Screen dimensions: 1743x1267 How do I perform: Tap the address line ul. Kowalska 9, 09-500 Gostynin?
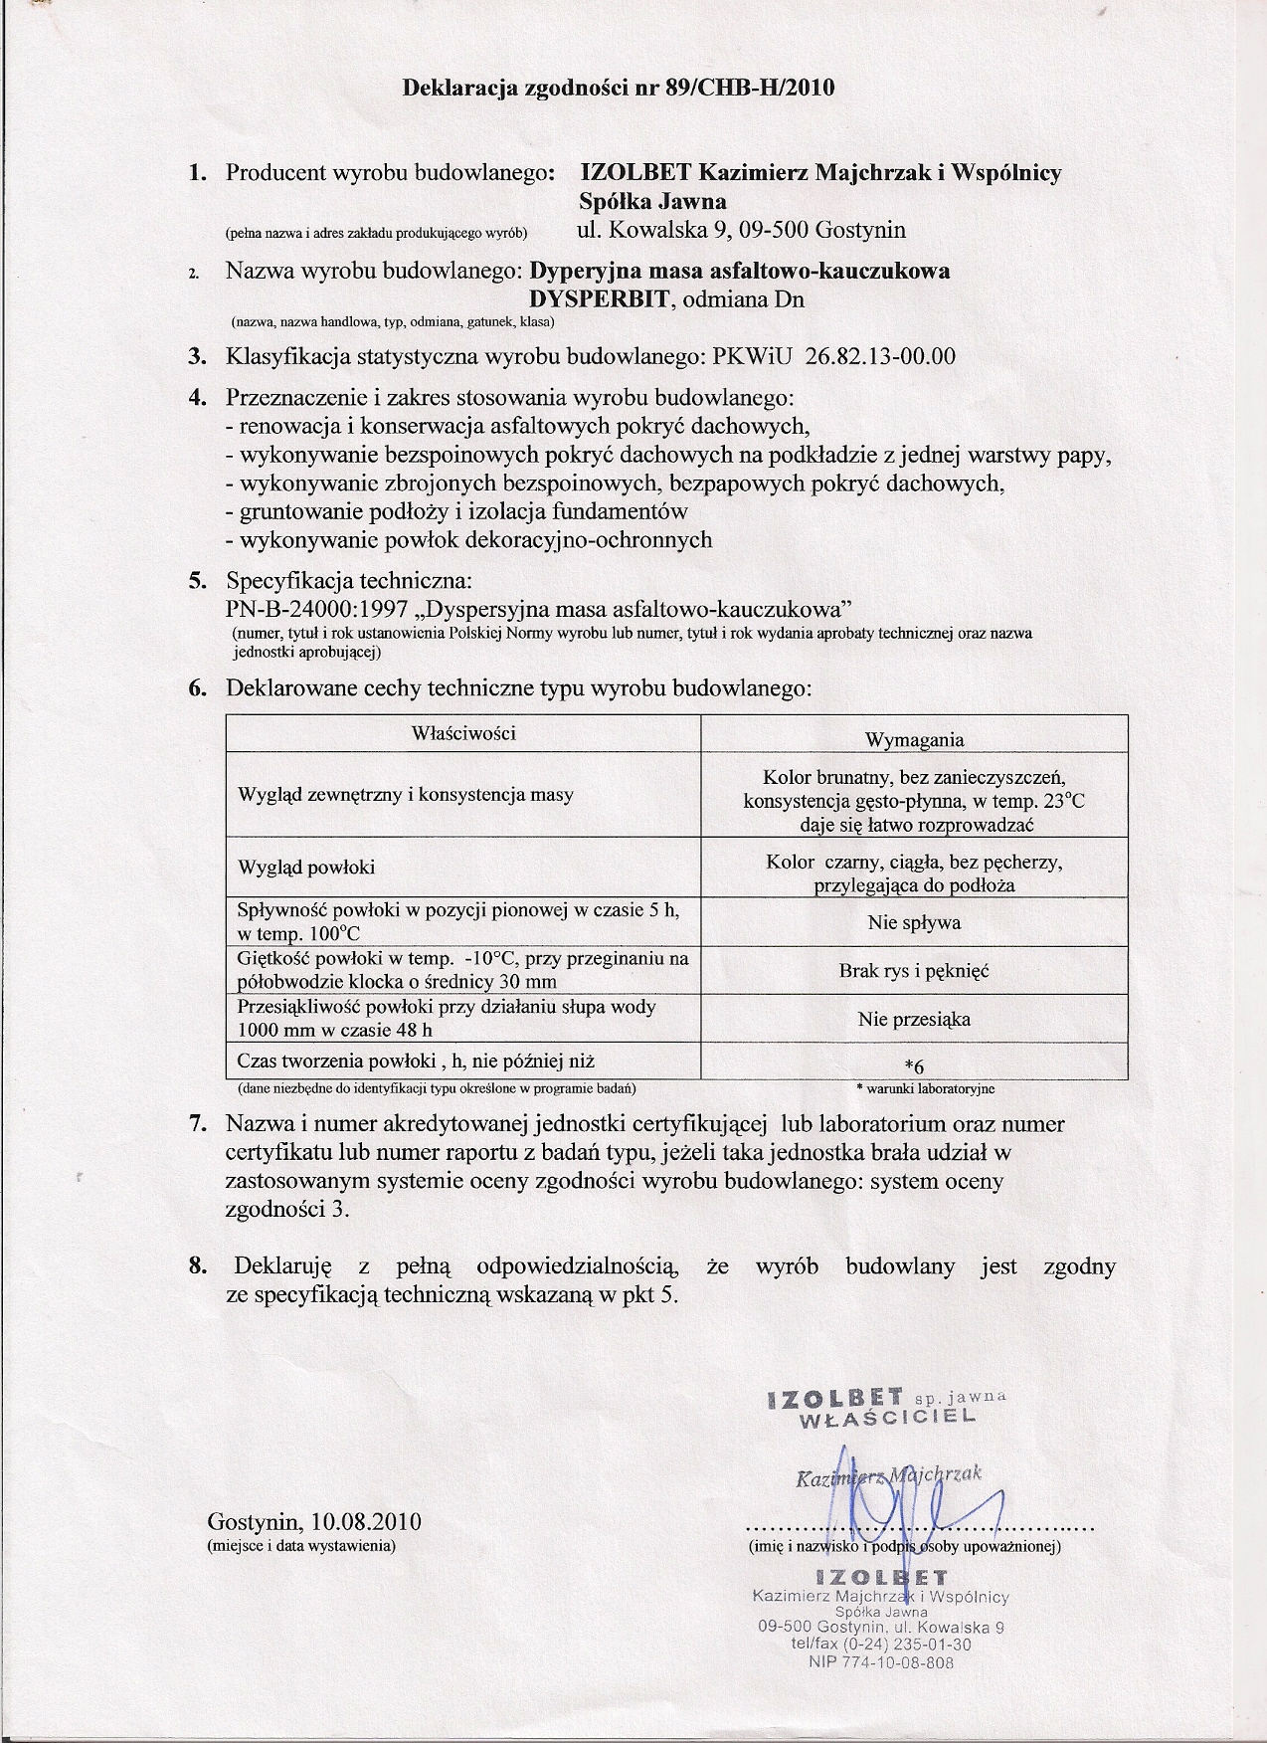point(741,231)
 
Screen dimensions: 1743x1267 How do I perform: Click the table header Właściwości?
point(463,733)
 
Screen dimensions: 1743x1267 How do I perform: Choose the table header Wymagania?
point(914,739)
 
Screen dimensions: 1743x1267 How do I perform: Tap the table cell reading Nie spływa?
point(914,922)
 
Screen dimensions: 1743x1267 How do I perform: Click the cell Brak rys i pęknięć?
point(914,970)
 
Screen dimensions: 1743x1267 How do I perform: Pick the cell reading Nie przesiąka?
point(914,1019)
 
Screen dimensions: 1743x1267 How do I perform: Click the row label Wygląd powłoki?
point(306,867)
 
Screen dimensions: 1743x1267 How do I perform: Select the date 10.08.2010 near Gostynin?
point(366,1522)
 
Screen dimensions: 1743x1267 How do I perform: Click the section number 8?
point(198,1266)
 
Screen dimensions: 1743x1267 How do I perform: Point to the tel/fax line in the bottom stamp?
point(881,1645)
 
